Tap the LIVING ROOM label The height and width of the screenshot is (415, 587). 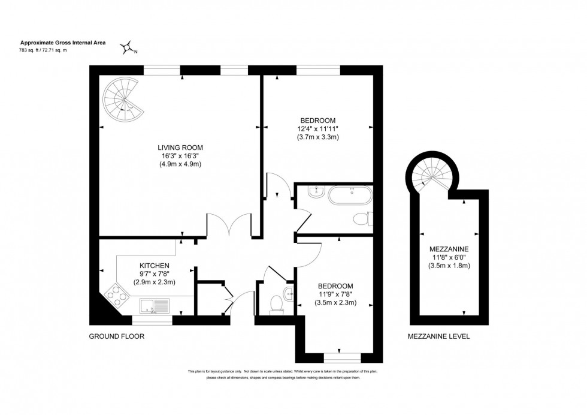[180, 147]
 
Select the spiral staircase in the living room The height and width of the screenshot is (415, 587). [123, 100]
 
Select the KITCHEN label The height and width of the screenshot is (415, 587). [155, 266]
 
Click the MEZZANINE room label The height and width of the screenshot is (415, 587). [449, 249]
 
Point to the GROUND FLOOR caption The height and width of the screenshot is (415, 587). [117, 336]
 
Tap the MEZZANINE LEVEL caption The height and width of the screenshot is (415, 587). [438, 336]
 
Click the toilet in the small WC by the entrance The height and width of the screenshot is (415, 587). [276, 304]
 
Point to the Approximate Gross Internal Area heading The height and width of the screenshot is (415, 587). [59, 43]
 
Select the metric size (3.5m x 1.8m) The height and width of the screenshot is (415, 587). [449, 266]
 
